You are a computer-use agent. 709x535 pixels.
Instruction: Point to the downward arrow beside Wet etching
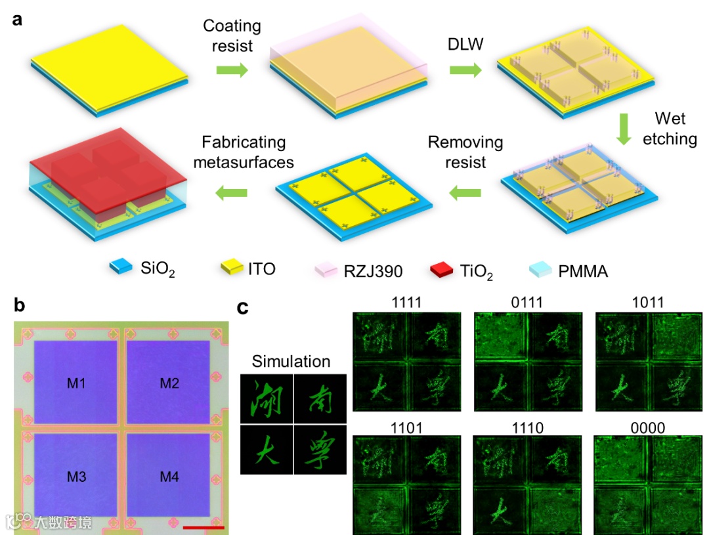[624, 129]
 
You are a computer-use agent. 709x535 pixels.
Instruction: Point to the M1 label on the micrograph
[76, 383]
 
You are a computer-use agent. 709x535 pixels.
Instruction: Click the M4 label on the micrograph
[169, 477]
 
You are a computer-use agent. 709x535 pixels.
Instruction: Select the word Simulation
[291, 361]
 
